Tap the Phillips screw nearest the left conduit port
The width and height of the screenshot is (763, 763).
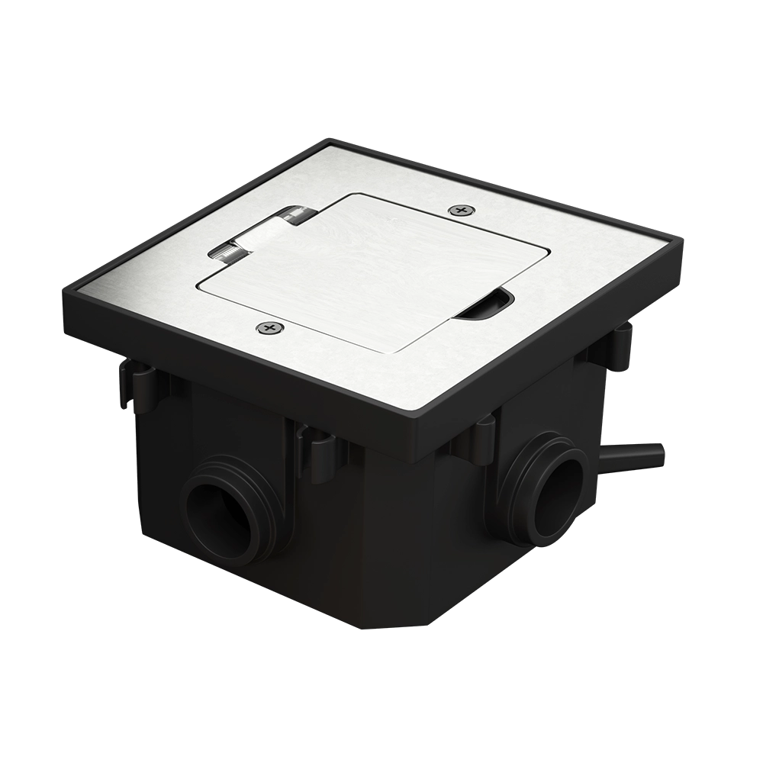(x=268, y=328)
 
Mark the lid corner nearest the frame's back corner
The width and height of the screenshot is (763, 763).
(x=351, y=196)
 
